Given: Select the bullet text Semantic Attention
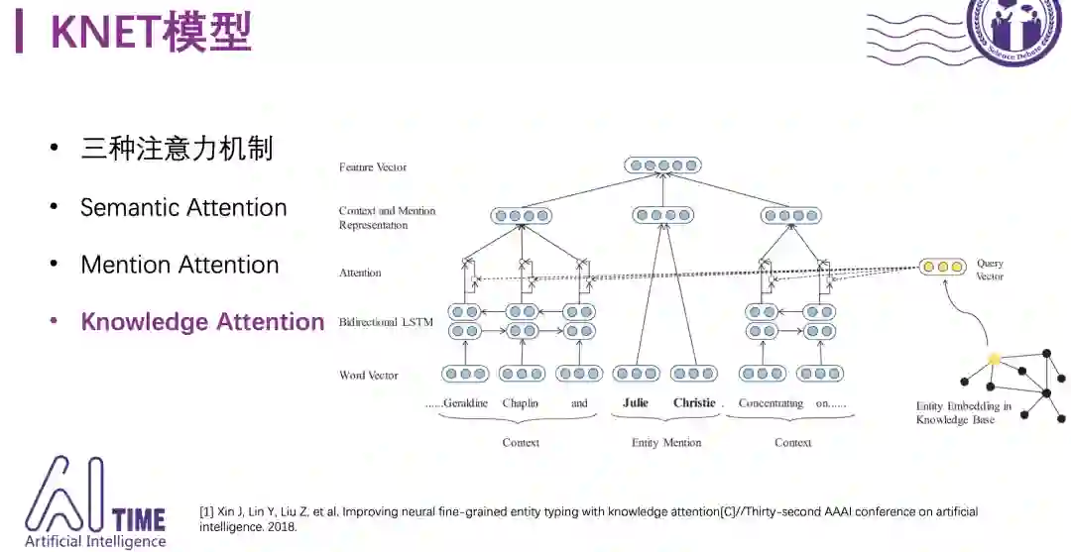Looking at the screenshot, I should coord(183,208).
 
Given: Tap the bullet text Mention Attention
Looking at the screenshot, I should coord(179,266).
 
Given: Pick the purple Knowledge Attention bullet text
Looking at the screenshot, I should coord(202,323).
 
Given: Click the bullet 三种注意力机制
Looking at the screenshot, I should coord(177,150).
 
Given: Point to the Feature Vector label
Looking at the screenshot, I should coord(373,167).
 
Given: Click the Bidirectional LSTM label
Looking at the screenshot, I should coord(386,323).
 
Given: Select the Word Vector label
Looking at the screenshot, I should coord(368,376).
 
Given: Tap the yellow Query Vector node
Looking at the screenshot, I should coord(942,267).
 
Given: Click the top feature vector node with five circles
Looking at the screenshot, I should coord(655,166).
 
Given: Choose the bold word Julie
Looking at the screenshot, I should coord(636,403).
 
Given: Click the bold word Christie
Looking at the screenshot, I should coord(694,403).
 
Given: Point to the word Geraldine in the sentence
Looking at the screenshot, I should coord(466,403).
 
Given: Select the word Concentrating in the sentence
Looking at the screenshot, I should coord(771,403).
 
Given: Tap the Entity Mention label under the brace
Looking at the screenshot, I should coord(666,443).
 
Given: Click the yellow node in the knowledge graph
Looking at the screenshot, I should coord(994,359).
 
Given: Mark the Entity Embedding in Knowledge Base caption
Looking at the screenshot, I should coord(964,413).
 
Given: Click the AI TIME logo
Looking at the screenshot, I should coord(95,502).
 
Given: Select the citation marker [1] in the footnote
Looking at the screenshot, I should coord(206,512).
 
